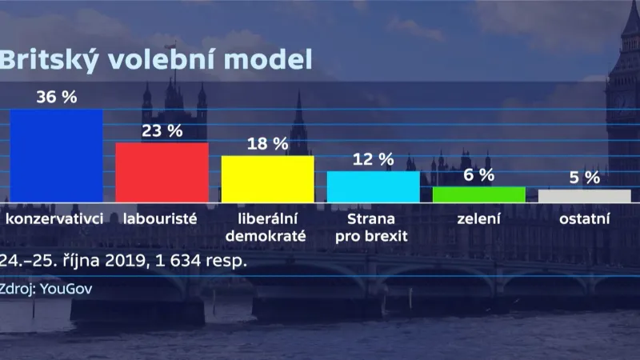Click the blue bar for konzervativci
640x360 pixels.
coord(56,155)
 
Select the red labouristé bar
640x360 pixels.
coord(162,172)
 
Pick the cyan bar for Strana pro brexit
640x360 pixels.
coord(373,186)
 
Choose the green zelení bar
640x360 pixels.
coord(478,194)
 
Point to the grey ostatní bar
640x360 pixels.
coord(584,195)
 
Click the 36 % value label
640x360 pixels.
coord(56,97)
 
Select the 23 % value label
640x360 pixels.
coord(162,131)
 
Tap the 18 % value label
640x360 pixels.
coord(267,144)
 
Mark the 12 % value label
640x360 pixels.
coord(373,159)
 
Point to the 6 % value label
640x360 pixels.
coord(478,175)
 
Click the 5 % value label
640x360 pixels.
coord(584,178)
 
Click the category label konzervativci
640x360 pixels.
coord(55,218)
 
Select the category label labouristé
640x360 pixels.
coord(162,218)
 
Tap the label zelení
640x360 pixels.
coord(478,218)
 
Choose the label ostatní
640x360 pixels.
coord(584,218)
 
